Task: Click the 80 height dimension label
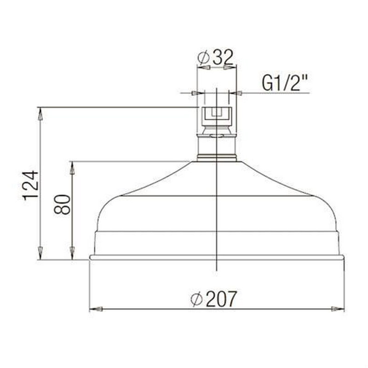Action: [x=62, y=204]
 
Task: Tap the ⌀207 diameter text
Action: [x=213, y=299]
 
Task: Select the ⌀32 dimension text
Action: [x=215, y=57]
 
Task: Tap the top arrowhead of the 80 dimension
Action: [x=72, y=168]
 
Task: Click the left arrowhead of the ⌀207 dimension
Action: [x=96, y=309]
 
